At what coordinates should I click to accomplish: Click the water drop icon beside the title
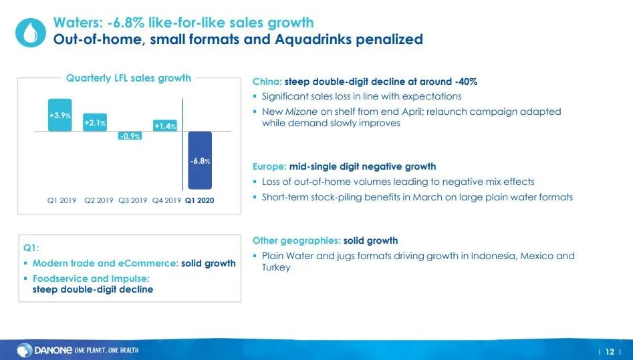click(x=31, y=33)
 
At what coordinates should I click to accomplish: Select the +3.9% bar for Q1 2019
click(x=59, y=115)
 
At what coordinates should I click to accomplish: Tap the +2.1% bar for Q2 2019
click(x=96, y=122)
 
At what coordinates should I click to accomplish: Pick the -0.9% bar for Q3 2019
click(x=130, y=136)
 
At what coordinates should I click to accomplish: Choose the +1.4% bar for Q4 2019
click(x=165, y=126)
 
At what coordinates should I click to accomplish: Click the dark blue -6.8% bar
click(x=200, y=160)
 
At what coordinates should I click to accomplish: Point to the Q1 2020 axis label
click(x=199, y=200)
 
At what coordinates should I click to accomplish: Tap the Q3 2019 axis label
click(x=132, y=200)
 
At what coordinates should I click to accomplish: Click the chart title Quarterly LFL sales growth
click(x=128, y=78)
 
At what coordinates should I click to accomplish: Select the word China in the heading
click(x=267, y=82)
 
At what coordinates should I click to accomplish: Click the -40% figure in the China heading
click(x=466, y=82)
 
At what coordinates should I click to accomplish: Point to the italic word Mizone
click(x=301, y=112)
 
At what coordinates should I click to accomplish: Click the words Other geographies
click(x=296, y=241)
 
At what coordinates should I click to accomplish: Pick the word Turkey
click(x=276, y=268)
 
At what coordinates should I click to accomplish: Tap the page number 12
click(x=610, y=351)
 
